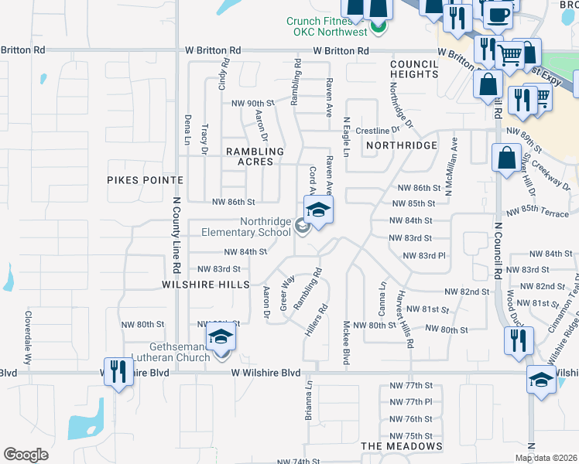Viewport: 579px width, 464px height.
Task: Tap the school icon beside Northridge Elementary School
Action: click(318, 210)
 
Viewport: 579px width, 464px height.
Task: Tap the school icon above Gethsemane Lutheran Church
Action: click(221, 336)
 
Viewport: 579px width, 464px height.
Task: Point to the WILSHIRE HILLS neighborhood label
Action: click(205, 285)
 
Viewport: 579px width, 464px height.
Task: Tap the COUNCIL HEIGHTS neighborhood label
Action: click(415, 69)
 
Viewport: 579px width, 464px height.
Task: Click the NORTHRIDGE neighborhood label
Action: click(402, 145)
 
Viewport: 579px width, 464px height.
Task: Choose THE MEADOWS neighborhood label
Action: click(402, 446)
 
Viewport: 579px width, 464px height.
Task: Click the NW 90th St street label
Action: click(253, 103)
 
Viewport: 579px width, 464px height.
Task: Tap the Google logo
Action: click(26, 455)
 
